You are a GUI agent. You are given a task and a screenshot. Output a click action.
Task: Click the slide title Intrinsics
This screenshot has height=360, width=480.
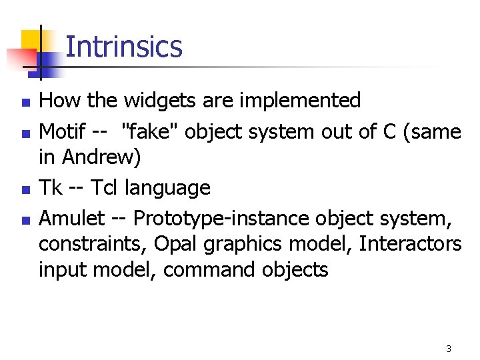pyautogui.click(x=124, y=47)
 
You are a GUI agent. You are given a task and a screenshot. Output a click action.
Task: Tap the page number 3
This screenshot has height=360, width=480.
pyautogui.click(x=449, y=349)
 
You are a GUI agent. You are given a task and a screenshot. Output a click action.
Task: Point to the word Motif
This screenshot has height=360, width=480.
pyautogui.click(x=62, y=132)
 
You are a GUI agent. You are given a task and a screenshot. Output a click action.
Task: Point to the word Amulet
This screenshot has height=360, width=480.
pyautogui.click(x=72, y=218)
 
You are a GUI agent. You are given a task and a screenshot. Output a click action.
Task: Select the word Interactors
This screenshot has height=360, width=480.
pyautogui.click(x=410, y=244)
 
